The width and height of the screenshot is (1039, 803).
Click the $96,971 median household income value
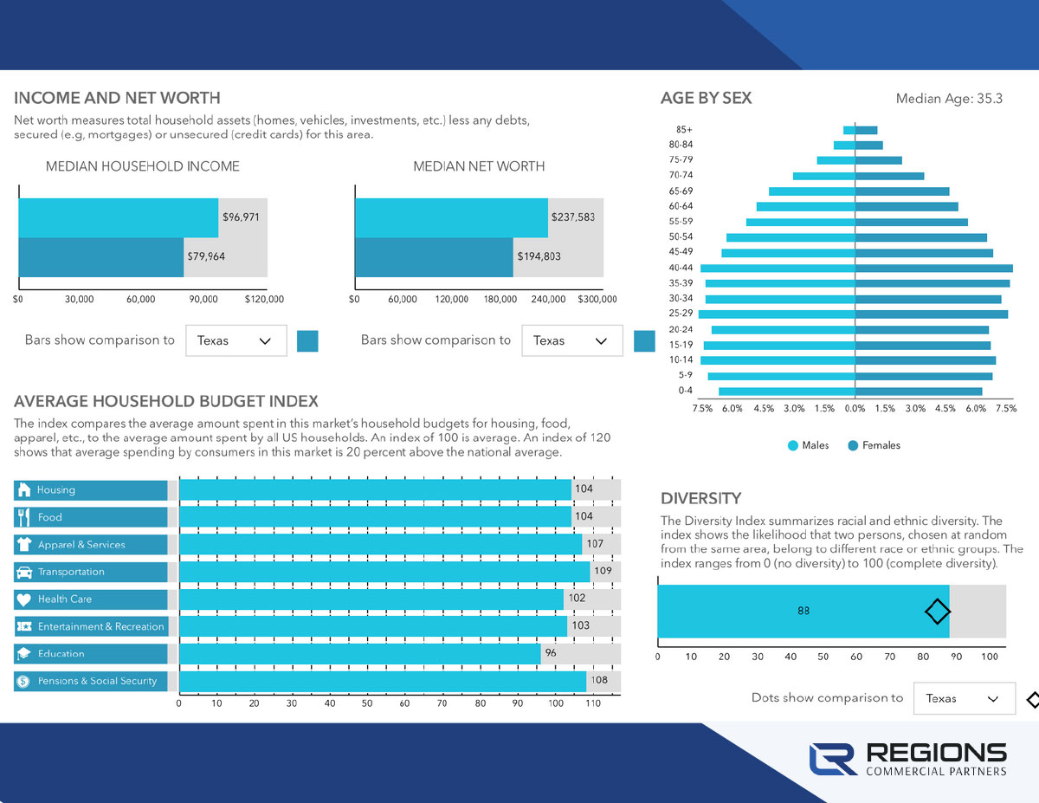point(241,217)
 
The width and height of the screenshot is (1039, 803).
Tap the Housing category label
point(56,490)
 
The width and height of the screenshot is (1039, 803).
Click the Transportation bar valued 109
point(384,572)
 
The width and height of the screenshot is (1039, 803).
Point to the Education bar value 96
point(551,653)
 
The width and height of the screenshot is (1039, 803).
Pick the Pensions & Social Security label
point(97,682)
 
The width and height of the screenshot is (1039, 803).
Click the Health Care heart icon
point(23,599)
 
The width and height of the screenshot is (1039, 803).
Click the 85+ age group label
point(684,129)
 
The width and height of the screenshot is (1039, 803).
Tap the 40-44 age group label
point(681,268)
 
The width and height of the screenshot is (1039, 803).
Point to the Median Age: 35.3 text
point(949,99)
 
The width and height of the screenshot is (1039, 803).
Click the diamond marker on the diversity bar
point(937,612)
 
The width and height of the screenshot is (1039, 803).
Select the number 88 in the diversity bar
point(803,611)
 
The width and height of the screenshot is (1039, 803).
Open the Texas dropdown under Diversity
point(964,698)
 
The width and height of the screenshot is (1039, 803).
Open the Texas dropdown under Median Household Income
point(236,341)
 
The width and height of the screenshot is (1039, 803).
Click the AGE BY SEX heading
point(706,99)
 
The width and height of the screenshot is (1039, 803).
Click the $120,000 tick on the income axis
point(264,300)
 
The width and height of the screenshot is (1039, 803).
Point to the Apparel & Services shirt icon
point(23,545)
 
